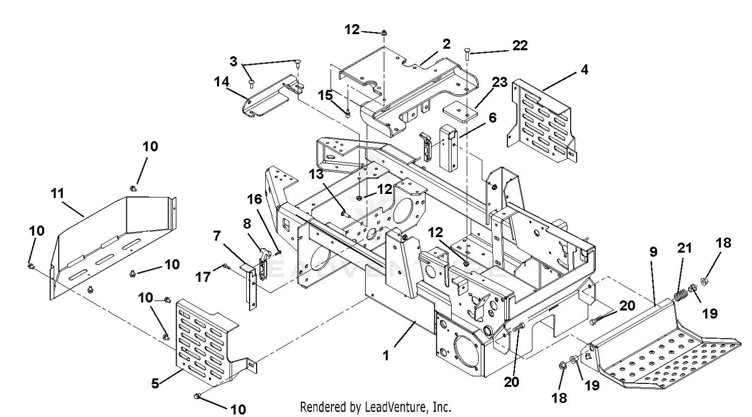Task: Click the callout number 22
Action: point(520,46)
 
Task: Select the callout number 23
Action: point(499,82)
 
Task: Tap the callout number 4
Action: point(584,70)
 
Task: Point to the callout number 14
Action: point(222,82)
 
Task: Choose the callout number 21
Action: point(684,248)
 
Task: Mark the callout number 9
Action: point(653,252)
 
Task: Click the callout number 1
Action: point(386,356)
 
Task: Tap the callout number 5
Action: point(155,383)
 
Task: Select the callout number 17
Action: point(203,277)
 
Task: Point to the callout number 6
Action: point(492,118)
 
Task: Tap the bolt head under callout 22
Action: point(467,53)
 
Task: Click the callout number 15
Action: point(325,95)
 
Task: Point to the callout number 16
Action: point(255,199)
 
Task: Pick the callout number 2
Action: point(446,44)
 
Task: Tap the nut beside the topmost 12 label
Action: point(384,33)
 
